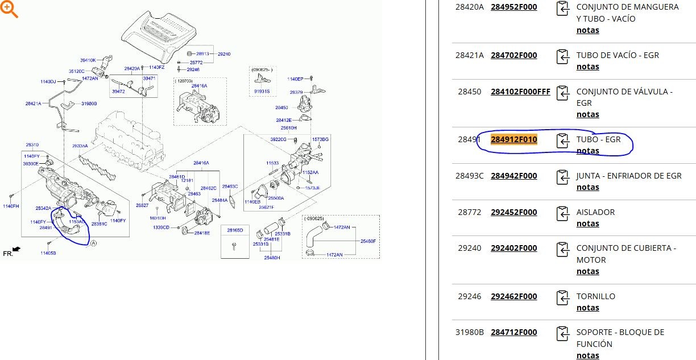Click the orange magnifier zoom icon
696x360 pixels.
[x=10, y=9]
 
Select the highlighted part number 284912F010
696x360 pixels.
[x=514, y=139]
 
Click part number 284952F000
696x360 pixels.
[x=514, y=7]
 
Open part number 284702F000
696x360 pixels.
[x=514, y=55]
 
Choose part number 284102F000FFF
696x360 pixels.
[x=520, y=92]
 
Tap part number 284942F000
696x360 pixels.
[x=514, y=176]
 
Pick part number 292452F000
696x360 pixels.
[x=514, y=212]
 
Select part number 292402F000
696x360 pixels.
[x=514, y=248]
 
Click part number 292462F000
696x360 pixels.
[x=514, y=296]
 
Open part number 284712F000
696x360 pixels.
[x=514, y=332]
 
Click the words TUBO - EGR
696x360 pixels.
[x=598, y=139]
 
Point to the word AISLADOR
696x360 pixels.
[x=595, y=212]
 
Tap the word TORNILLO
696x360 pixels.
[x=596, y=296]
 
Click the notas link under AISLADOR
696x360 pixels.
[x=587, y=224]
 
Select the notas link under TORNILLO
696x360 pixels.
[x=587, y=308]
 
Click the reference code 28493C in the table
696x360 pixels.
[x=469, y=176]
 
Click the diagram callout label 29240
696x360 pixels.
[x=224, y=53]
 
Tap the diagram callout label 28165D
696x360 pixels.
[x=235, y=230]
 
